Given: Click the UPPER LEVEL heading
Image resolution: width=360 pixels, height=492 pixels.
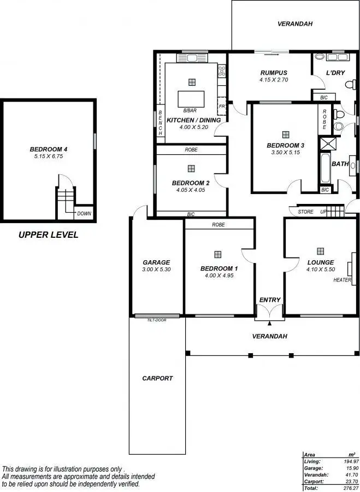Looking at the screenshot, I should coord(48,235).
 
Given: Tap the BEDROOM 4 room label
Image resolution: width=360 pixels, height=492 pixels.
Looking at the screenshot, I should coord(49,149).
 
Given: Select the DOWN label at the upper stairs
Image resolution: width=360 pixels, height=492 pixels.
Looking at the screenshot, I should coord(84,214).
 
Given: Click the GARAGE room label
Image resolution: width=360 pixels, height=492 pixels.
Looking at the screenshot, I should coord(156,262).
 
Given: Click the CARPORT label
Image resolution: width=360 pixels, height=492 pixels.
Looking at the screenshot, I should coord(157,378).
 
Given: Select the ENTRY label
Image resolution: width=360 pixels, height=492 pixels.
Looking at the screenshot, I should coord(270,300).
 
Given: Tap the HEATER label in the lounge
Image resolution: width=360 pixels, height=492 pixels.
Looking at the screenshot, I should coord(342,280).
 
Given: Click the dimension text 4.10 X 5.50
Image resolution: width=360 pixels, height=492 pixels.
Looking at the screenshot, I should coord(320,270).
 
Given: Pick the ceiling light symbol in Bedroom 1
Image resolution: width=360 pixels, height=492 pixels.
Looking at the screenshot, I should coord(218,254).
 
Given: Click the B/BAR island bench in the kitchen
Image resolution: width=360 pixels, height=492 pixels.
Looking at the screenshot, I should coord(191,99).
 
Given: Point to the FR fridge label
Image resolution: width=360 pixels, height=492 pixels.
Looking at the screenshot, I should coord(222,106).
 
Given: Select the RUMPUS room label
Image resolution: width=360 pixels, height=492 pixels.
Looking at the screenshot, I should coord(274,73).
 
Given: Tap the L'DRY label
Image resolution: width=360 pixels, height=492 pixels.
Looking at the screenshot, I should coord(334,73).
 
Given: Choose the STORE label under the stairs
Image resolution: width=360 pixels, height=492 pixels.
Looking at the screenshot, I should coord(305,212).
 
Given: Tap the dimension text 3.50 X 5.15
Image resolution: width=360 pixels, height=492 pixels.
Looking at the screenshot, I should coord(285,153).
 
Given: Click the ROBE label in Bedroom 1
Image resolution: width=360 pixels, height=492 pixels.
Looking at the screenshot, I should coord(219,224).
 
